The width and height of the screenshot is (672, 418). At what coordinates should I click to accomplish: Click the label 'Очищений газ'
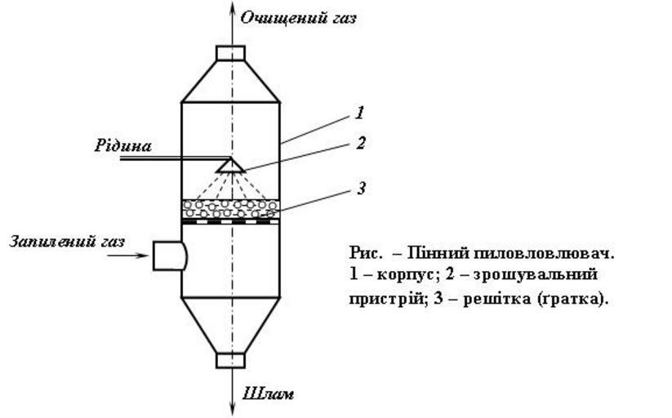tap(298, 17)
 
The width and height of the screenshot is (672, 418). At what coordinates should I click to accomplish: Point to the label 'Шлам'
tap(269, 394)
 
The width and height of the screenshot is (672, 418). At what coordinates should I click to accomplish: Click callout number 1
tap(360, 113)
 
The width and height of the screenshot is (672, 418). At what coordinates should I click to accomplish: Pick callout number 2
tap(360, 144)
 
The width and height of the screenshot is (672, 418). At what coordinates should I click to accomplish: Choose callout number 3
tap(360, 189)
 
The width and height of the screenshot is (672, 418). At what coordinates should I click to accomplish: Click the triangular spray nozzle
tap(230, 166)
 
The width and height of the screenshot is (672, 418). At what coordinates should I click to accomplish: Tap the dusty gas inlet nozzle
tap(169, 256)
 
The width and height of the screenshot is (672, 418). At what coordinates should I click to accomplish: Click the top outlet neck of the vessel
tap(230, 53)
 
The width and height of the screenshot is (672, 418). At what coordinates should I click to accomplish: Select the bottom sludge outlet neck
tap(230, 360)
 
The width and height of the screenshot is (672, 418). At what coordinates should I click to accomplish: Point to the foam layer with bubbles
tap(230, 208)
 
